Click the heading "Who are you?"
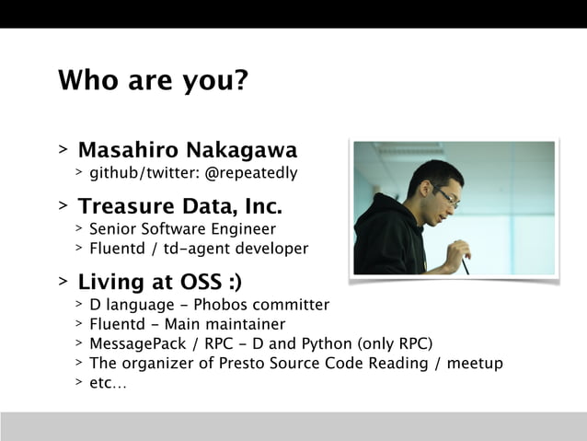point(153,81)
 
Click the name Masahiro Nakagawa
point(188,150)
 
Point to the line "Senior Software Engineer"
point(182,229)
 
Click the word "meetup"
point(479,363)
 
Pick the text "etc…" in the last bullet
point(109,382)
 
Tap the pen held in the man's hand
point(466,264)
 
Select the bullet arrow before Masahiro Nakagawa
point(63,150)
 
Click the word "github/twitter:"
point(144,171)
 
